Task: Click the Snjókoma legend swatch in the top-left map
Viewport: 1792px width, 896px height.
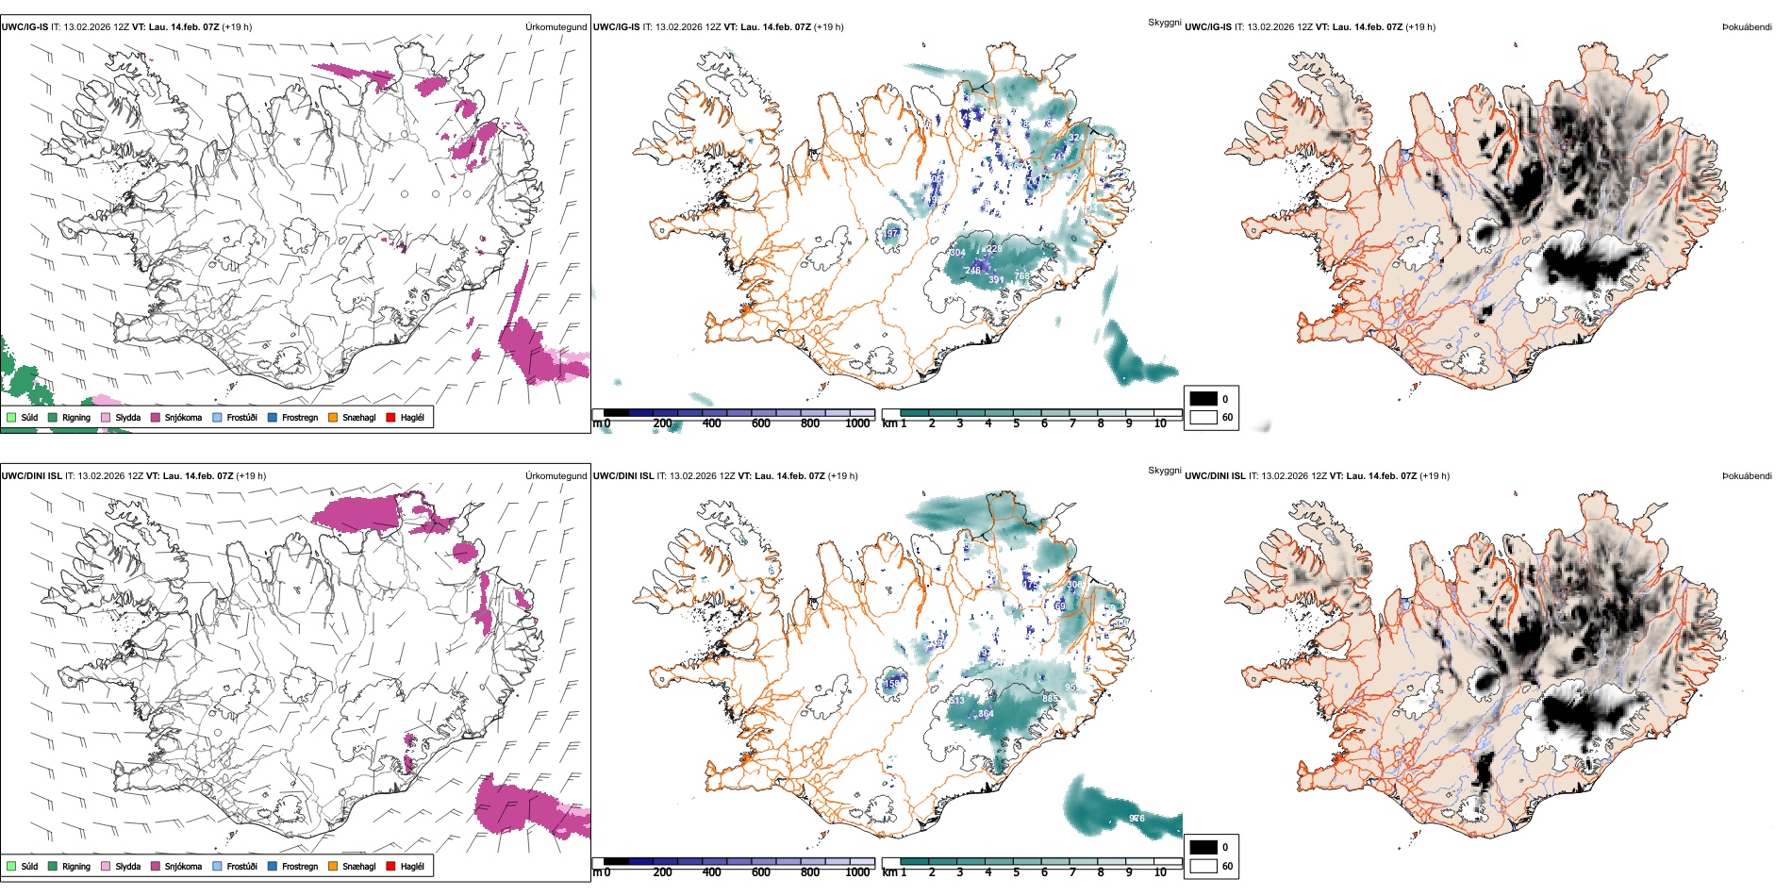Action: [156, 417]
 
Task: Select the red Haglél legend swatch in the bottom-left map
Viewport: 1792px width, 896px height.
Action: [390, 866]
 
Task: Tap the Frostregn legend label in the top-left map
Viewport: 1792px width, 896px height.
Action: [299, 417]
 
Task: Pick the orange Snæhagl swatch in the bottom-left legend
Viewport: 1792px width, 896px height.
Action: [333, 866]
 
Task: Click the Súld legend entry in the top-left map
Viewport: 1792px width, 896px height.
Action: [29, 417]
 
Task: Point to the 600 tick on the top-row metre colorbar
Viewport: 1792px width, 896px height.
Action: [760, 423]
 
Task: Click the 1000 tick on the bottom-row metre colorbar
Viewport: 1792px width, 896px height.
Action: [857, 872]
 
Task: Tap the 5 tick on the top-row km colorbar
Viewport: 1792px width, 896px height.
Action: [1017, 423]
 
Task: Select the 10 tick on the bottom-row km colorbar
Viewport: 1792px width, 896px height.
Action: [1160, 872]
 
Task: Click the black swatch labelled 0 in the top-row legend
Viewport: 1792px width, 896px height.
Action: [1203, 398]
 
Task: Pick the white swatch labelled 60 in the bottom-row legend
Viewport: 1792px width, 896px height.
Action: [1203, 866]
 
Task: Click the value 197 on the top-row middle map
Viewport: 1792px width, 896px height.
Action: [891, 233]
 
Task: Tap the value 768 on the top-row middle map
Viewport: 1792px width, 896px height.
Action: [1022, 276]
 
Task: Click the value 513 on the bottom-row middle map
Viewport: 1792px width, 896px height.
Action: [956, 700]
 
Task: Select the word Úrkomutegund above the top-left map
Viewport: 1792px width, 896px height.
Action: [556, 27]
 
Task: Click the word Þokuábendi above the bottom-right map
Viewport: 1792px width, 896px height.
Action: [1747, 476]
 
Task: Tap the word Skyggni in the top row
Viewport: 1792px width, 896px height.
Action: [1164, 22]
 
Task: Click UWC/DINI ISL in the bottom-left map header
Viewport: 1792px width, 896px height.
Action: [31, 476]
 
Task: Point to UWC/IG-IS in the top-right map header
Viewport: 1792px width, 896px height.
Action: [1208, 27]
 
